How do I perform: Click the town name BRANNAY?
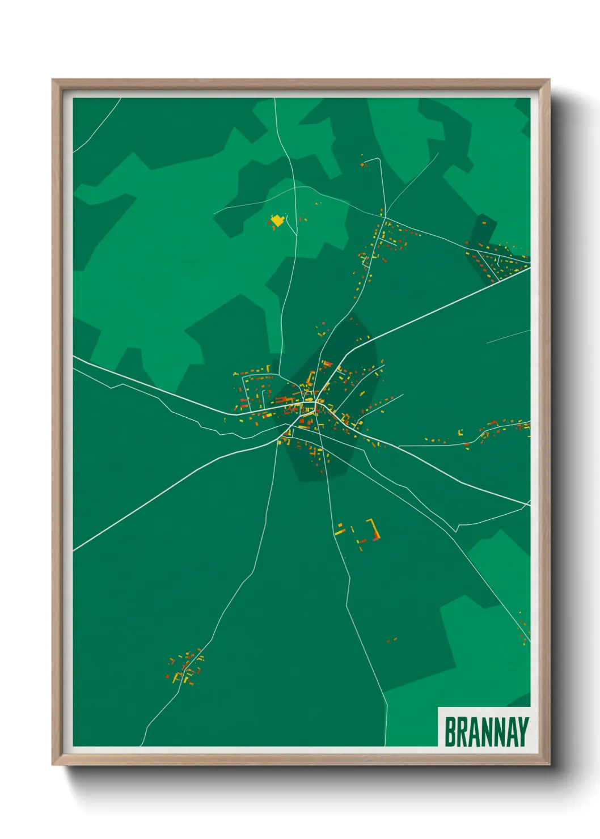pyautogui.click(x=486, y=732)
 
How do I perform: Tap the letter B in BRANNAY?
pyautogui.click(x=450, y=732)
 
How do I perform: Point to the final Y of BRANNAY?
pyautogui.click(x=523, y=732)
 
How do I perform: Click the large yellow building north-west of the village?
pyautogui.click(x=277, y=220)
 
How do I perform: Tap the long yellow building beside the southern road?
pyautogui.click(x=339, y=532)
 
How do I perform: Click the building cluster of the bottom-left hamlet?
pyautogui.click(x=185, y=666)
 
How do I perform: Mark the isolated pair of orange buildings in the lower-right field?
pyautogui.click(x=391, y=640)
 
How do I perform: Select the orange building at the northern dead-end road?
pyautogui.click(x=364, y=164)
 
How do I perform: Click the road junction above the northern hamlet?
pyautogui.click(x=384, y=217)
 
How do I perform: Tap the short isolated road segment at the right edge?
pyautogui.click(x=508, y=337)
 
